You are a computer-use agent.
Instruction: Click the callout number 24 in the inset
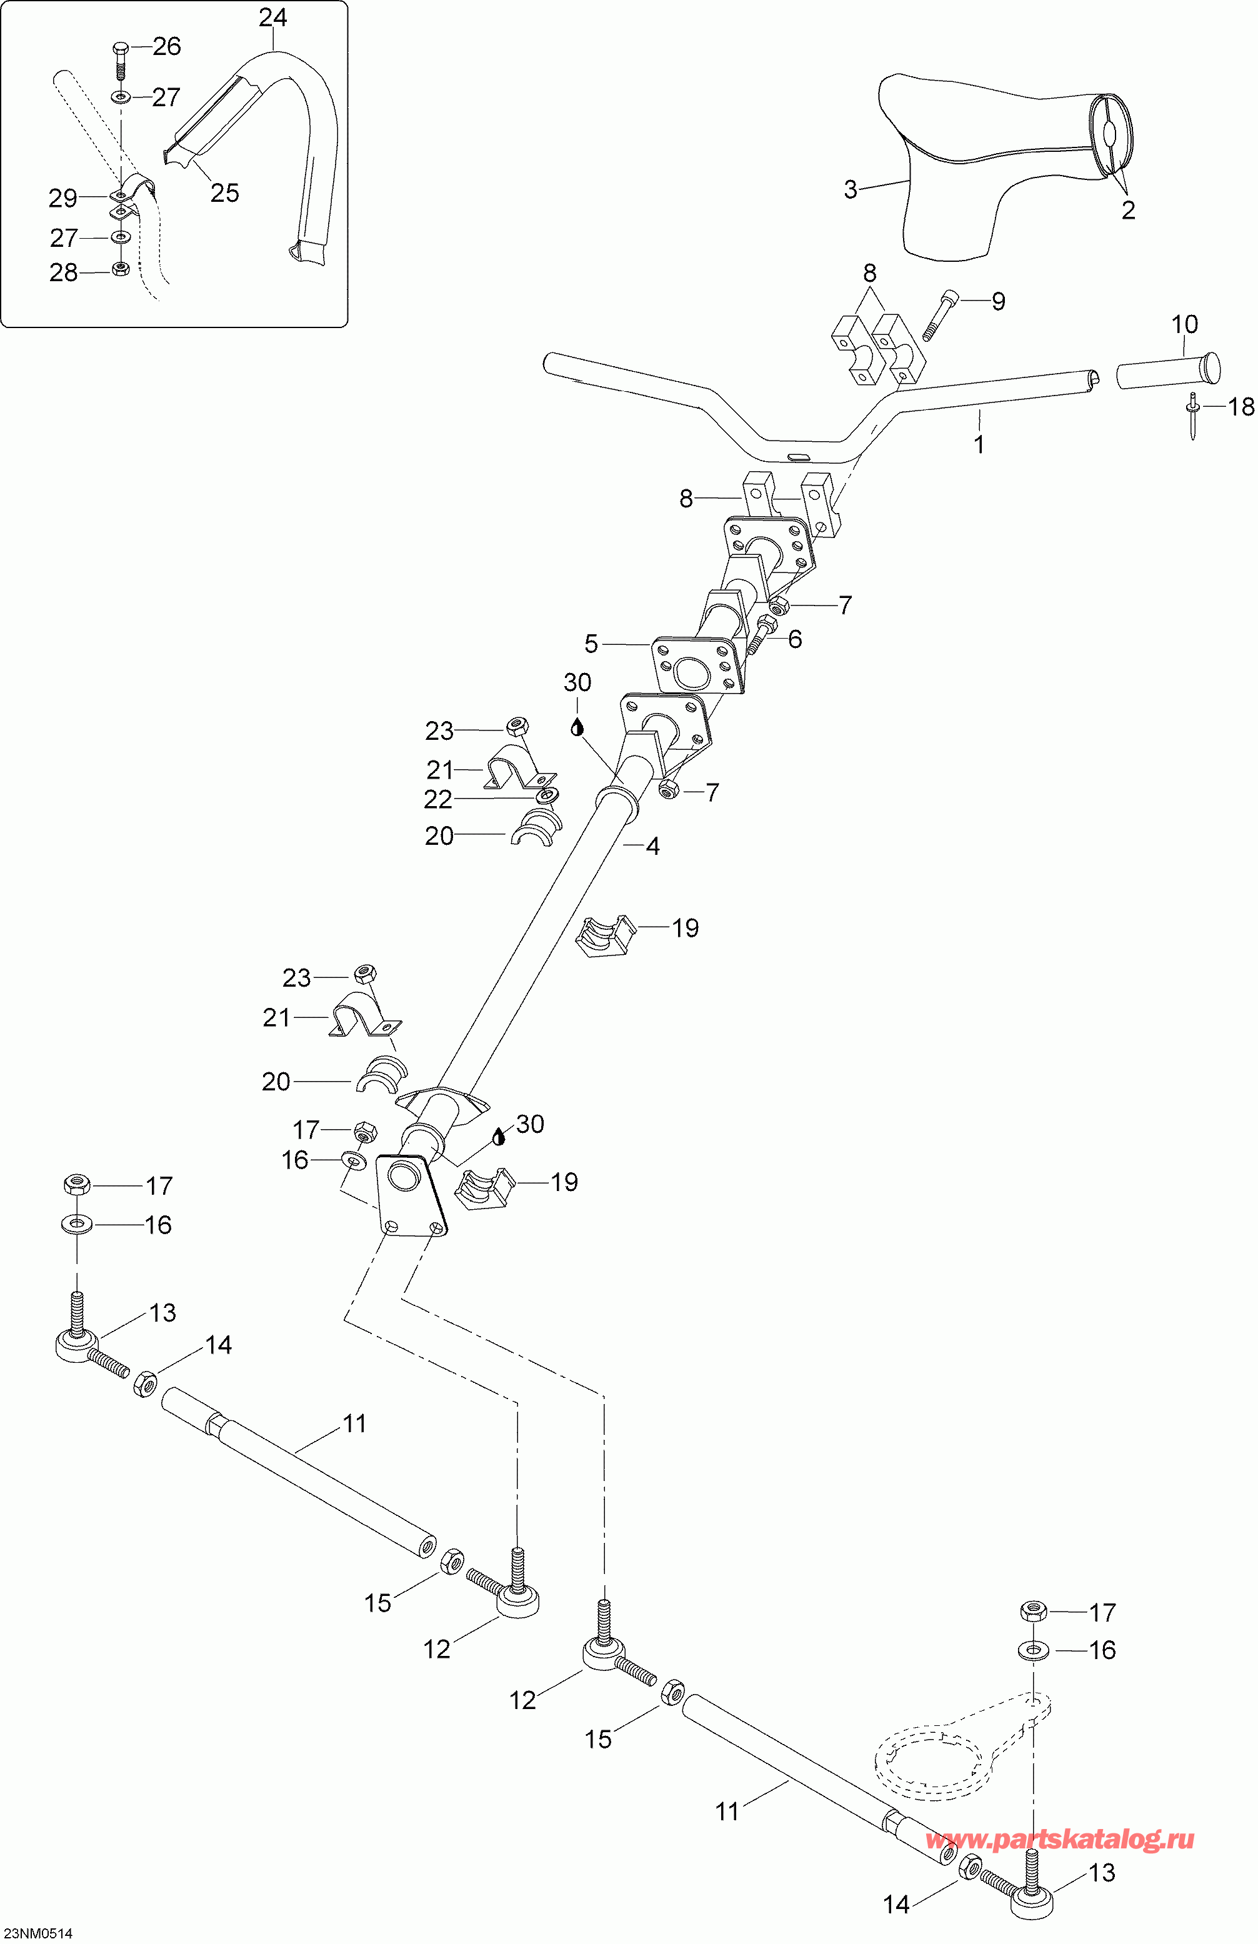pos(273,17)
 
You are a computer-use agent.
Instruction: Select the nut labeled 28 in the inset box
pos(120,269)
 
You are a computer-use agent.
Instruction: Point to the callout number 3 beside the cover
pos(851,189)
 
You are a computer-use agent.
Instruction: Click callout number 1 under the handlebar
pos(979,444)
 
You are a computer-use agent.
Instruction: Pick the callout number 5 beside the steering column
pos(591,644)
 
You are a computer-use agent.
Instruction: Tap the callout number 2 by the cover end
pos(1128,210)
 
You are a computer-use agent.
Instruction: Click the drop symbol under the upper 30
pos(577,725)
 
